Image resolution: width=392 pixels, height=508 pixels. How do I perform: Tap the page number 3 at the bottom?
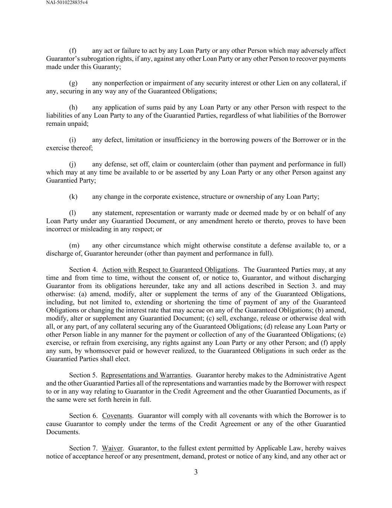196,472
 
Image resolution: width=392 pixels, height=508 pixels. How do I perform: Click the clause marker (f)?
73,51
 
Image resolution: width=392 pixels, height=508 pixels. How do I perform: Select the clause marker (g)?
73,83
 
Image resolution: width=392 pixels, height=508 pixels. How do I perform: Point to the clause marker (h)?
73,108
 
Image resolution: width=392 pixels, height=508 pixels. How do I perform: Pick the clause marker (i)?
72,140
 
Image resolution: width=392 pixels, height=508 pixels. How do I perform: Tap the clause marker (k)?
73,197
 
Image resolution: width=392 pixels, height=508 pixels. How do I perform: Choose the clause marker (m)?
74,245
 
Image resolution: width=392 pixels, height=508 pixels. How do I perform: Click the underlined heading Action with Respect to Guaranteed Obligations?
169,270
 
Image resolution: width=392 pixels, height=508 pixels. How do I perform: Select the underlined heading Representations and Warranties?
146,375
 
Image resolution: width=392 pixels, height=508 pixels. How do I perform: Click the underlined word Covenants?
117,416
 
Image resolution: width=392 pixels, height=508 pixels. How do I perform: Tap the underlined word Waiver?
112,448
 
